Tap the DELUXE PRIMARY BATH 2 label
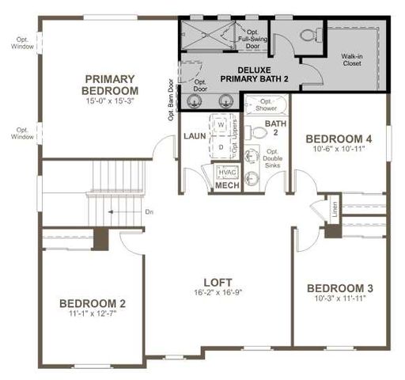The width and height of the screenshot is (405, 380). (229, 74)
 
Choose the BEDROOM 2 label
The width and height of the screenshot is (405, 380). (93, 303)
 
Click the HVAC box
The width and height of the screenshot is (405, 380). (227, 172)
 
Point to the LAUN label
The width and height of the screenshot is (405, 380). (195, 135)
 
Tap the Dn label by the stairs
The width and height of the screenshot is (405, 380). (149, 211)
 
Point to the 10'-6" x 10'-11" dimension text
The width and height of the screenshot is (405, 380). (339, 147)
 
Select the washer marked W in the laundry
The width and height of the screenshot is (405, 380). (221, 125)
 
